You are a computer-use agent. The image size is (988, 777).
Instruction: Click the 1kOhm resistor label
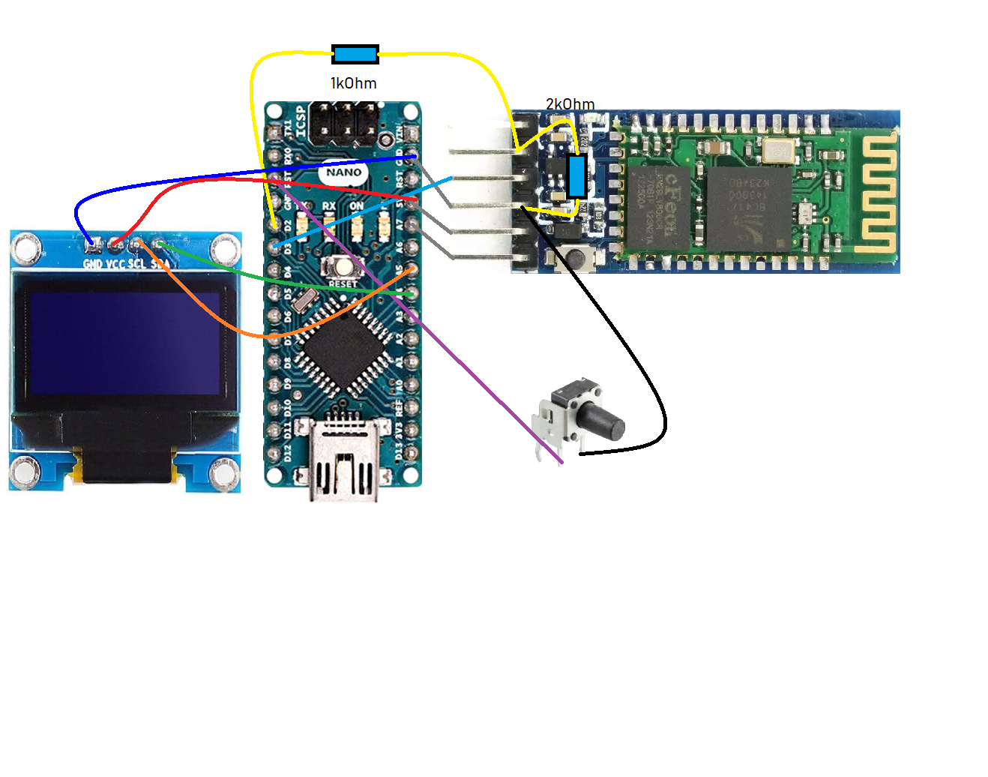353,83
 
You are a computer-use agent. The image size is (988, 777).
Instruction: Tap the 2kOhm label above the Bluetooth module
570,104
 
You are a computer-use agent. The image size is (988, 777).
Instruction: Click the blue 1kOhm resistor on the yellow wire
355,54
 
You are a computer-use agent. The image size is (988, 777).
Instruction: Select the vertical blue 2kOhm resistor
576,176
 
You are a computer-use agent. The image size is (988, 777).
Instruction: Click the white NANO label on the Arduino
344,172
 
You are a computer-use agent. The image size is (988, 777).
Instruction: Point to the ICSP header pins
344,122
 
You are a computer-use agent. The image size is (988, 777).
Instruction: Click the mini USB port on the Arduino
344,465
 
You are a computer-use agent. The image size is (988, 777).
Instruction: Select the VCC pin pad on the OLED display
115,243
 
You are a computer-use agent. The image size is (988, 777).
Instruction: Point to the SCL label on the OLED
136,263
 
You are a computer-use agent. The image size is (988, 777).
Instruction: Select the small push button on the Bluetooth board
576,257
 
